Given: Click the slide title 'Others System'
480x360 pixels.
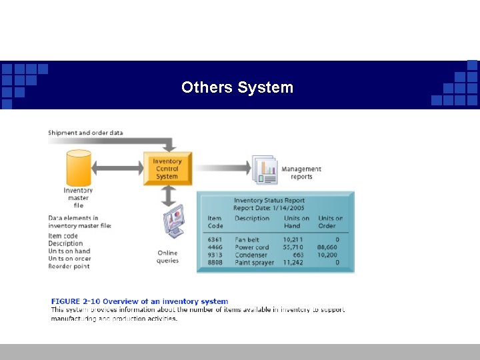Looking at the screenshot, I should point(237,87).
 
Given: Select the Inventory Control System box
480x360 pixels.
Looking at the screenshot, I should point(167,169).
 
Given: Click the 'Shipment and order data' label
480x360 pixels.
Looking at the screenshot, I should point(85,133).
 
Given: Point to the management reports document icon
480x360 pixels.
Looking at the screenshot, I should point(264,169).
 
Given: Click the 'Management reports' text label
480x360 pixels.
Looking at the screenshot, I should point(301,173).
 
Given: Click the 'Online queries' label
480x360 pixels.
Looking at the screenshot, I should point(167,257).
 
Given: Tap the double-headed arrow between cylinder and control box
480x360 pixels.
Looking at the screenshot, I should point(117,168).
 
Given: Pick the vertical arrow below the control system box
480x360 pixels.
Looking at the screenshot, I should point(168,195).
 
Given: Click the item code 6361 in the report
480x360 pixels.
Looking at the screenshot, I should point(215,239).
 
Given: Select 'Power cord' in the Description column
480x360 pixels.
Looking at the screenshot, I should point(252,247).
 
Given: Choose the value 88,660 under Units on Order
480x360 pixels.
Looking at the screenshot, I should point(328,247).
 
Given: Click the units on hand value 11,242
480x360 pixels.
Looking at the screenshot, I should point(293,263).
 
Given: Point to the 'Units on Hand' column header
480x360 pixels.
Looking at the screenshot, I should point(296,222).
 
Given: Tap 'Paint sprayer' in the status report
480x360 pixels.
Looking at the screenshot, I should point(255,263).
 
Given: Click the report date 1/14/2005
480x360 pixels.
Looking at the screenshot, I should point(288,208).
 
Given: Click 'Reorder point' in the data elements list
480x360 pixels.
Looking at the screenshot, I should point(69,267).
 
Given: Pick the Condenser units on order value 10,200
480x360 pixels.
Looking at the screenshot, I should point(328,255).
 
